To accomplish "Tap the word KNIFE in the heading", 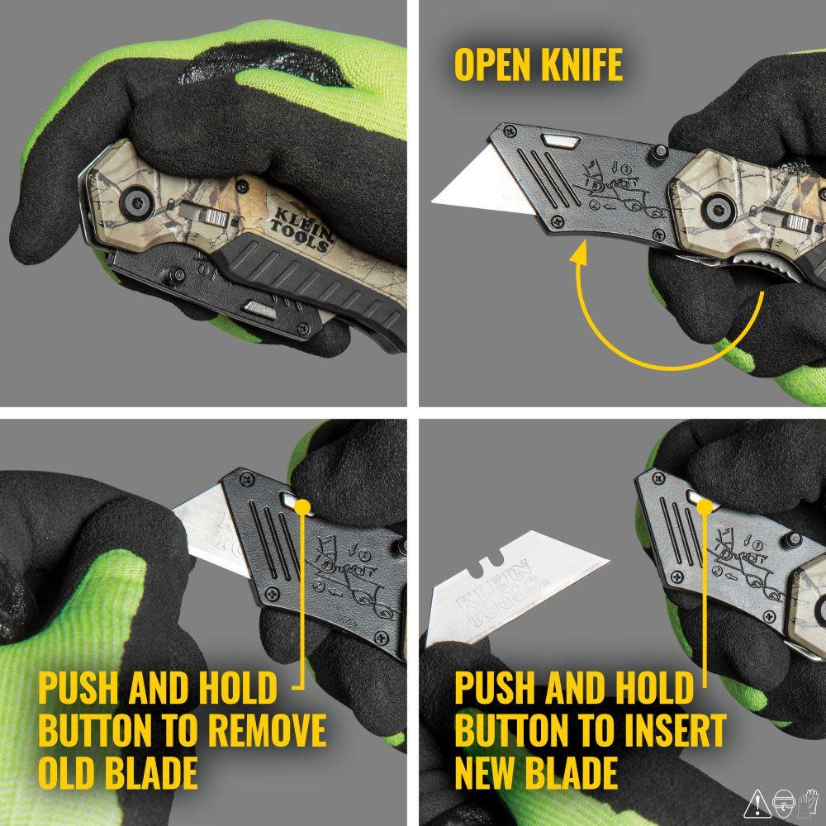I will point(582,64).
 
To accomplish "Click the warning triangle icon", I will point(757,802).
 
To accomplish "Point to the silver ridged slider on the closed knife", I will point(216,218).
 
